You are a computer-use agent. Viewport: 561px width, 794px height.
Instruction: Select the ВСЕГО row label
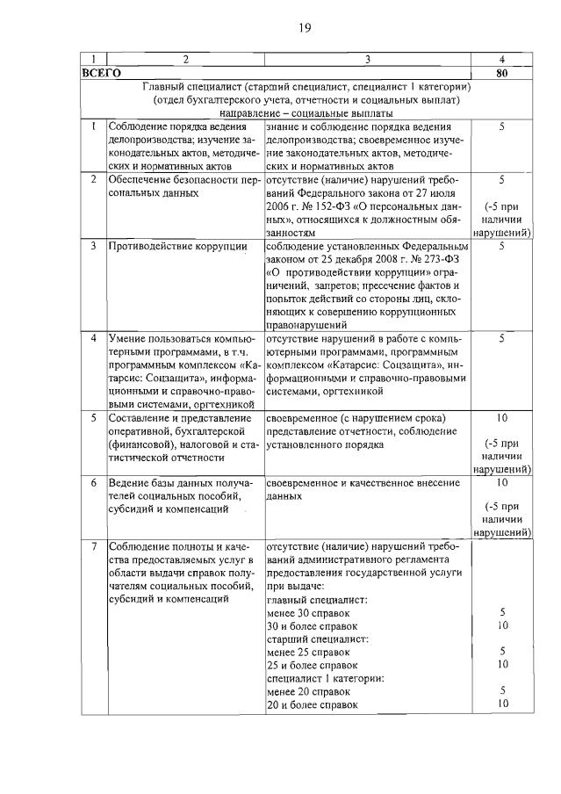pyautogui.click(x=99, y=74)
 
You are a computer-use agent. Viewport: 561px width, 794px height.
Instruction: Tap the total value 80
pyautogui.click(x=500, y=74)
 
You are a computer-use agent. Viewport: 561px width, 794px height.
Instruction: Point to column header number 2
pyautogui.click(x=184, y=59)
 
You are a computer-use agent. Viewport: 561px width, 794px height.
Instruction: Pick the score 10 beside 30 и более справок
pyautogui.click(x=501, y=626)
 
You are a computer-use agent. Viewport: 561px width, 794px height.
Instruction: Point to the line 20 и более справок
pyautogui.click(x=313, y=704)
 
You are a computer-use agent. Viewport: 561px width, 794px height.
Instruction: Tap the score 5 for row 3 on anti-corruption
pyautogui.click(x=501, y=246)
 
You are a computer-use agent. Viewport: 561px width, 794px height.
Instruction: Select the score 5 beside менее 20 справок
pyautogui.click(x=501, y=690)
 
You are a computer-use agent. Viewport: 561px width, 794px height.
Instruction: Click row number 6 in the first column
pyautogui.click(x=93, y=483)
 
